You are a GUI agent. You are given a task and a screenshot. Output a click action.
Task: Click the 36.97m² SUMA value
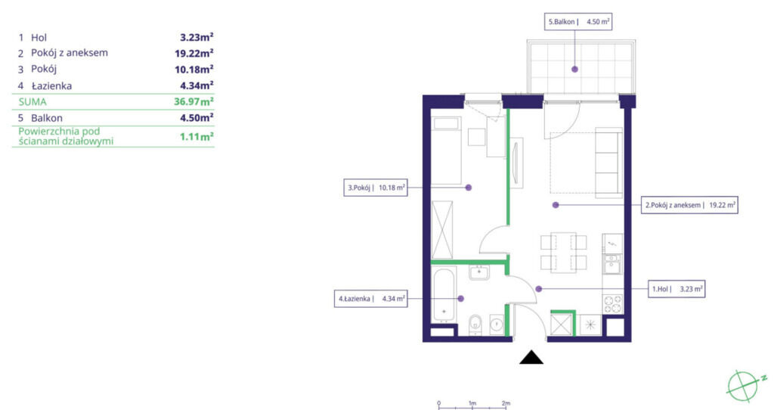coord(194,102)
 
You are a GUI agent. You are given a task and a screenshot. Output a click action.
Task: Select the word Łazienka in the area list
coord(52,86)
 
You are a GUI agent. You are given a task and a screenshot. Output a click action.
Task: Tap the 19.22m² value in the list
coord(194,54)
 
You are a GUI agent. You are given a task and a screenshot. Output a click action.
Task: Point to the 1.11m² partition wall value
coord(197,136)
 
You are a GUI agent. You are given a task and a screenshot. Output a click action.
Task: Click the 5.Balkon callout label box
coord(578,22)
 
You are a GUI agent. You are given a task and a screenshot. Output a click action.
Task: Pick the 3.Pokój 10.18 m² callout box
coord(376,188)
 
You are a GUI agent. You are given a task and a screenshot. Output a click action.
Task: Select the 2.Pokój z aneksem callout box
coord(690,205)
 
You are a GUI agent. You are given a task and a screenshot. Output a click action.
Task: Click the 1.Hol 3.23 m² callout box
coord(676,289)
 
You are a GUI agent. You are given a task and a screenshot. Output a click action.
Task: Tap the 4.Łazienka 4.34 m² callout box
coord(370,299)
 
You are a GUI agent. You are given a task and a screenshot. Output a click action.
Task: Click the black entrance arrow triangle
coord(531,357)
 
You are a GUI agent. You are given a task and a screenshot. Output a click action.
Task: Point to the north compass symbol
coord(745,385)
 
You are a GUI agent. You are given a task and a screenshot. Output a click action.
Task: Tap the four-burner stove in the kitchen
coord(612,304)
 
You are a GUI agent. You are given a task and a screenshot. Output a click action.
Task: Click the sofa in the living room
coord(608,163)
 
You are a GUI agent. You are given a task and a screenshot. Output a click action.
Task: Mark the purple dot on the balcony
coord(574,70)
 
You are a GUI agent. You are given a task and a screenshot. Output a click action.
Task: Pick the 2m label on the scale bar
coord(506,403)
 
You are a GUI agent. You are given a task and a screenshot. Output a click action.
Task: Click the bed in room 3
coord(446,151)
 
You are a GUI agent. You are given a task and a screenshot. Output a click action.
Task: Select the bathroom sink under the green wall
coord(478,272)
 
